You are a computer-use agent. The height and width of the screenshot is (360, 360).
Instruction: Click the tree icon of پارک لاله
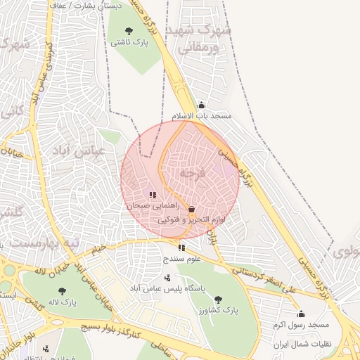(x=62, y=290)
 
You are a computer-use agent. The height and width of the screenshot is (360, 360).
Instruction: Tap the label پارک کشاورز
(x=217, y=310)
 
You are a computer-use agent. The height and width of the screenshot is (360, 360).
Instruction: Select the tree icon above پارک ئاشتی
(x=128, y=30)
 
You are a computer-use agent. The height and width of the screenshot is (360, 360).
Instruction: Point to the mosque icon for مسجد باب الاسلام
(x=202, y=105)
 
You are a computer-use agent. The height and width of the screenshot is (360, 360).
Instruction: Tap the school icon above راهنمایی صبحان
(x=152, y=195)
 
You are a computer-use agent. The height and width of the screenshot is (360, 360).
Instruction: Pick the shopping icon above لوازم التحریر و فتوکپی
(x=191, y=209)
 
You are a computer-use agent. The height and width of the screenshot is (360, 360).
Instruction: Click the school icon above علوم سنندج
(x=182, y=247)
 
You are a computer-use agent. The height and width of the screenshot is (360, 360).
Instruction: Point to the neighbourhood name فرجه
(x=191, y=172)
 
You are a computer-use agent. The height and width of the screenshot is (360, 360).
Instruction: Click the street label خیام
(x=98, y=248)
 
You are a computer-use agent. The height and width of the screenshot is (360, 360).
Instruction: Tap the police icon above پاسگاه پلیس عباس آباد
(x=167, y=277)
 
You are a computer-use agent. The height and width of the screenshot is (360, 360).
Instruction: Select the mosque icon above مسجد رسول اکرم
(x=302, y=314)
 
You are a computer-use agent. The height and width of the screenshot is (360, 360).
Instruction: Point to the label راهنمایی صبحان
(x=149, y=207)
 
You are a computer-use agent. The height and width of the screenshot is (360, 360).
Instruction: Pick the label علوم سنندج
(x=182, y=259)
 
